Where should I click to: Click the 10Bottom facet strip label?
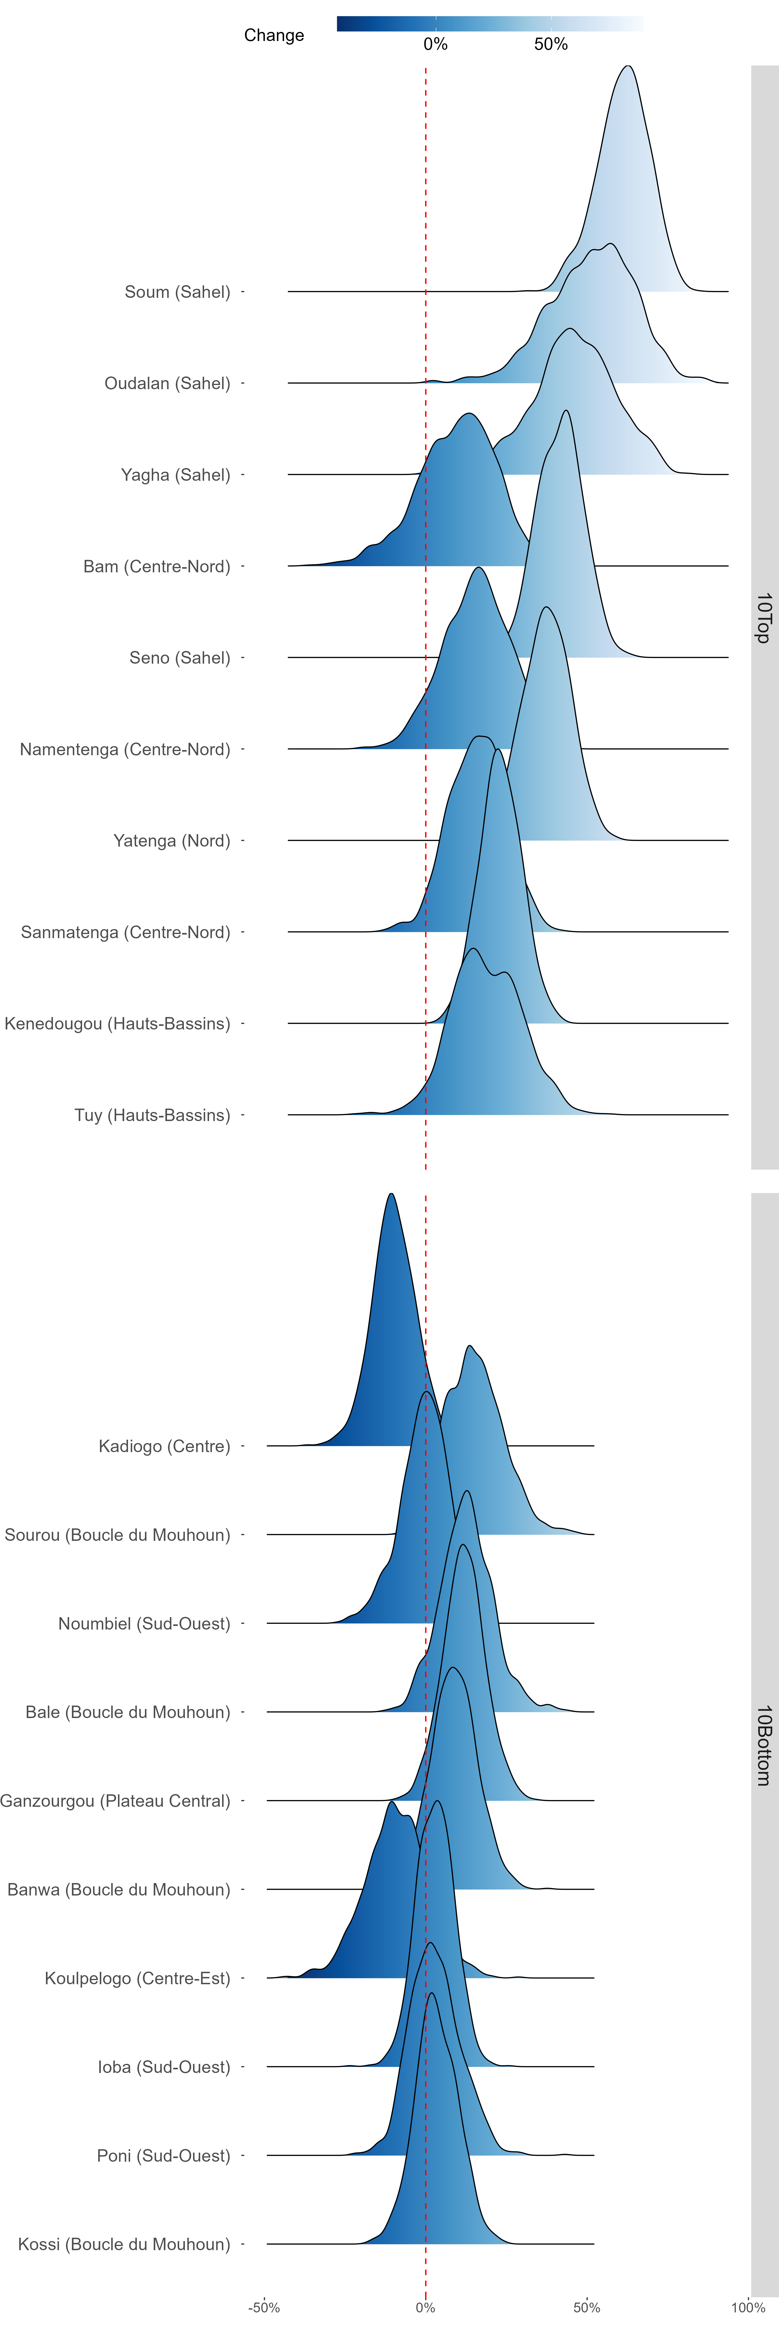(x=764, y=1745)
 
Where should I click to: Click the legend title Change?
(x=274, y=35)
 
